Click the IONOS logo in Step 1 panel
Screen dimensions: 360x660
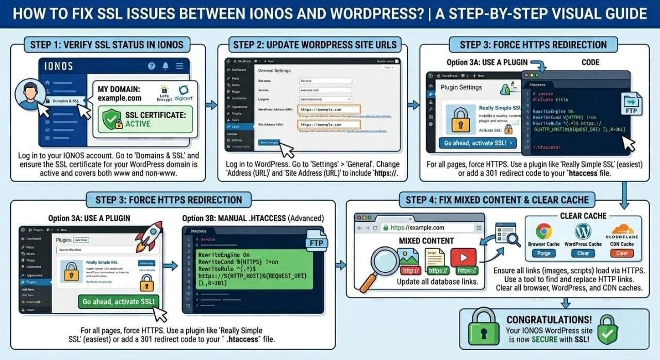pyautogui.click(x=59, y=66)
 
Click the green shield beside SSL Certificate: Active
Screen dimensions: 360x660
pyautogui.click(x=112, y=118)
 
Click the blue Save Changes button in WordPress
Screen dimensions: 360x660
pyautogui.click(x=269, y=142)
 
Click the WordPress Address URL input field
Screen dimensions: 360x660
pyautogui.click(x=329, y=110)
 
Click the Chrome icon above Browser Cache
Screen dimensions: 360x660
pyautogui.click(x=543, y=231)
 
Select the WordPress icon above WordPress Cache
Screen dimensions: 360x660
pyautogui.click(x=583, y=231)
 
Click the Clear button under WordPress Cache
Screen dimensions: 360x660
pyautogui.click(x=583, y=253)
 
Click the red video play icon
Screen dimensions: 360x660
pyautogui.click(x=463, y=257)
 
